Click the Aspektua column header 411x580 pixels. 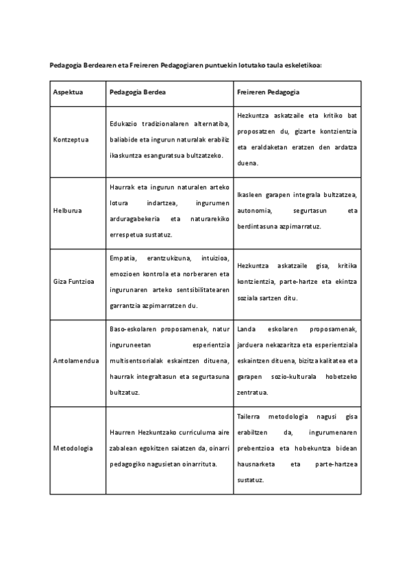68,92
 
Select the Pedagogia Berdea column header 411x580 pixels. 138,92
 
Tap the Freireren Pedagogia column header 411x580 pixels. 269,92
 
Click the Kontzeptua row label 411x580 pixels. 70,140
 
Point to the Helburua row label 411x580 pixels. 67,210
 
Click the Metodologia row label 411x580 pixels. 73,448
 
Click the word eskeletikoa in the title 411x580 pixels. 307,66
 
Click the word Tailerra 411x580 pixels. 251,416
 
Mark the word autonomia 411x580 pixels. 255,211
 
